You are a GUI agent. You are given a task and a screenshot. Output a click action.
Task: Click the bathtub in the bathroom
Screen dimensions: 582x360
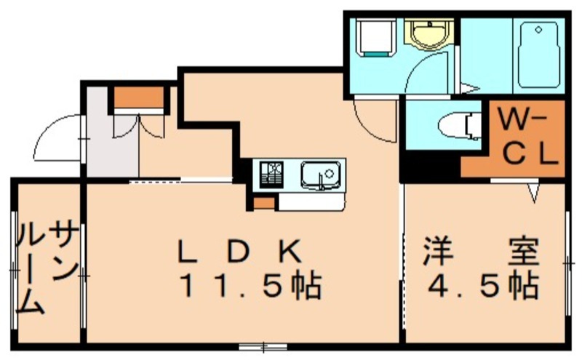coord(538,55)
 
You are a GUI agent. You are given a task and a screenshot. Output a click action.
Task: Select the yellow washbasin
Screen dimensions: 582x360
coord(429,34)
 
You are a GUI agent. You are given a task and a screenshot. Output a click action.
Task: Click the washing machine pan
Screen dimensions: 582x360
coord(375,37)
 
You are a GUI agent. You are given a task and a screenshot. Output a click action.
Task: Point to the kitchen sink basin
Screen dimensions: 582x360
coord(321,175)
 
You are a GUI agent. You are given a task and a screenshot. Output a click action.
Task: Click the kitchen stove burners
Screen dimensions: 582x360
coord(271,175)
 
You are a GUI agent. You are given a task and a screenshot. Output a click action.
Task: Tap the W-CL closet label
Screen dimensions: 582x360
coord(527,138)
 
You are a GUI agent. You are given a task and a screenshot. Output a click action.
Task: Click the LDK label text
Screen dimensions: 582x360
coord(240,251)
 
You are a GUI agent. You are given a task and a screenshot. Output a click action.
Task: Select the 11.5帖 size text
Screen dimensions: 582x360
coord(251,285)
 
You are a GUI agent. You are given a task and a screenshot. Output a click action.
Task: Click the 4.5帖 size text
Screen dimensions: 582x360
coord(483,285)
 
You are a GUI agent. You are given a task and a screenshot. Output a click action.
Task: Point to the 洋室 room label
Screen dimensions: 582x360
coord(481,251)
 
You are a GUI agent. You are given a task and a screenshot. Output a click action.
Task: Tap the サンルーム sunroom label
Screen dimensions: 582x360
coord(47,267)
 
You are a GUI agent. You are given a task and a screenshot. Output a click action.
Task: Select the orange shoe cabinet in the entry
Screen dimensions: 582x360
coord(139,97)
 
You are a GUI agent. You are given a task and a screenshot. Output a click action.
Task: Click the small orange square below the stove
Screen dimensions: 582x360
coord(264,204)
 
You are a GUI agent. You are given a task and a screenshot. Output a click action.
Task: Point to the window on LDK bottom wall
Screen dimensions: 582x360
coord(263,348)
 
